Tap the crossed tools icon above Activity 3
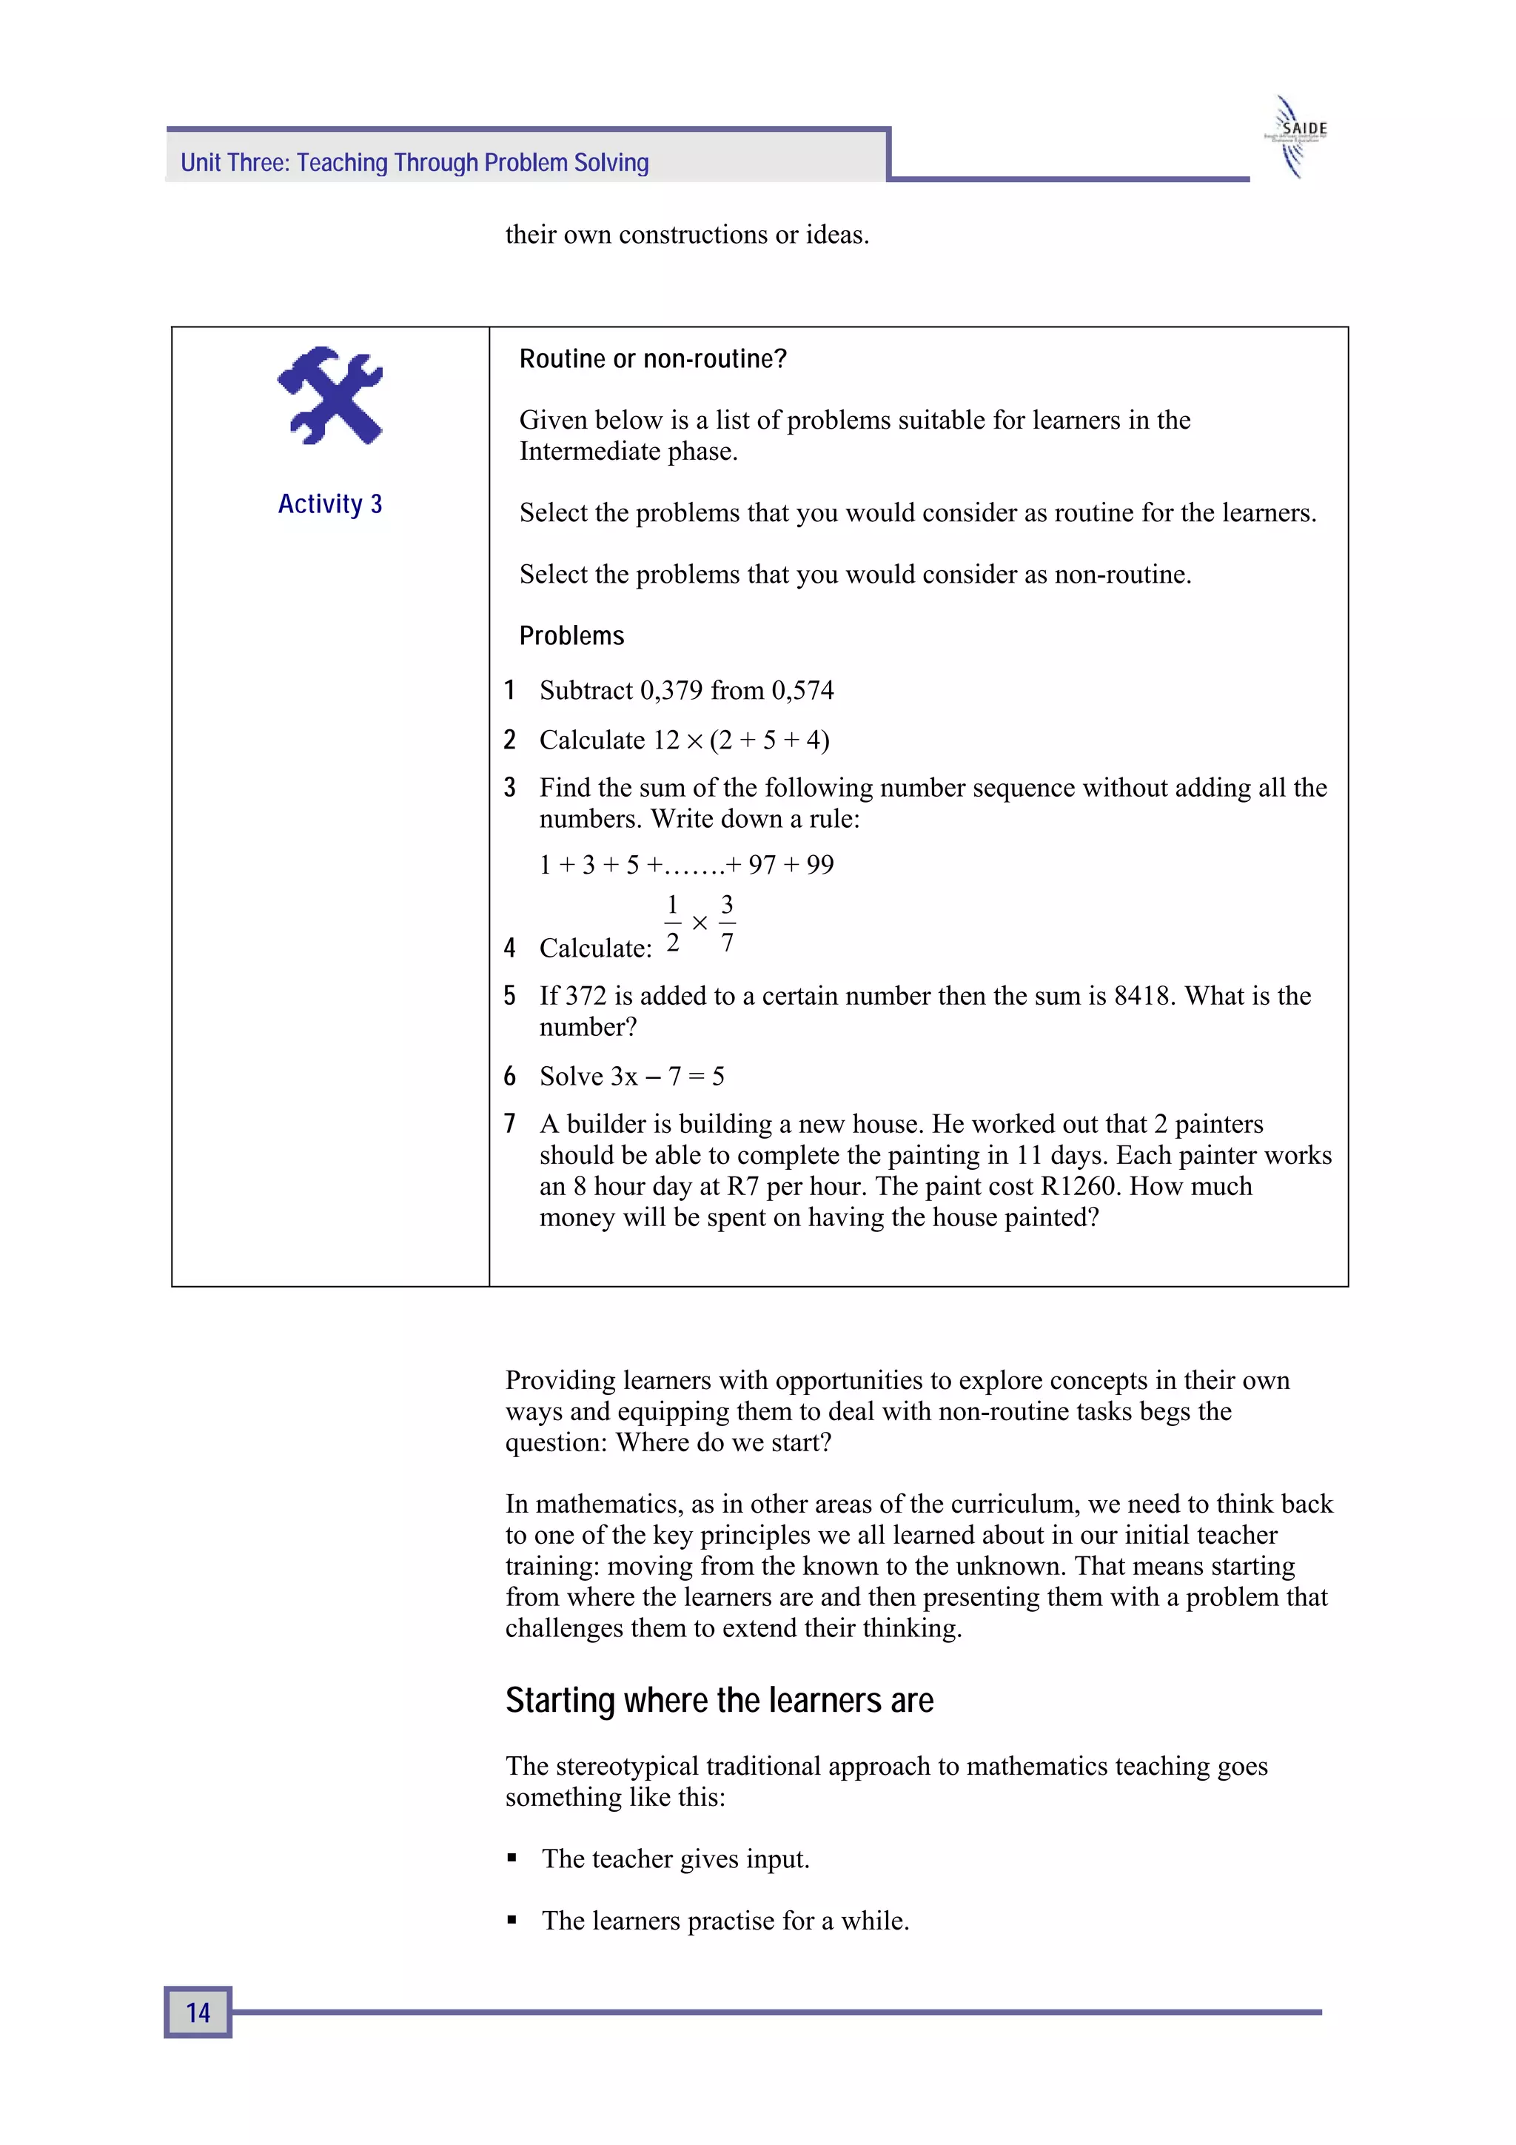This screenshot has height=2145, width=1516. coord(329,395)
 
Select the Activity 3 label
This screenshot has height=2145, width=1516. coord(329,504)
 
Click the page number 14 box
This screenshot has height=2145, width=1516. coord(198,2012)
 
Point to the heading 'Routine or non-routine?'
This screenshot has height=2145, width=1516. coord(653,359)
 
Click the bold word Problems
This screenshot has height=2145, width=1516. coord(571,636)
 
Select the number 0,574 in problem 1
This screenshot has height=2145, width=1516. coord(802,690)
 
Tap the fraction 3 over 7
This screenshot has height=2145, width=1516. coord(727,923)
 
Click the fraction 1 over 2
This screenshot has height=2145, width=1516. coord(673,923)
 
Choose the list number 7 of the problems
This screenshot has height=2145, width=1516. coord(509,1124)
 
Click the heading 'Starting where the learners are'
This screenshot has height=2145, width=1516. coord(720,1700)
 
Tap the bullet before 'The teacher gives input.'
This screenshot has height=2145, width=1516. coord(512,1859)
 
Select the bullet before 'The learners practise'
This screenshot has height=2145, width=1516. coord(512,1921)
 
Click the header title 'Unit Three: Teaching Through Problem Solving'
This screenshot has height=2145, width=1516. coord(415,163)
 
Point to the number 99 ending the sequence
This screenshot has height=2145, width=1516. coord(819,865)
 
